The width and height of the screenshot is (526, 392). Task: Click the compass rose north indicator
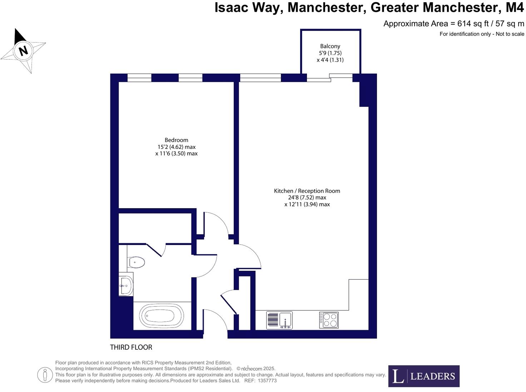[23, 50]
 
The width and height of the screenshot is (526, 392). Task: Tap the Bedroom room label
[176, 140]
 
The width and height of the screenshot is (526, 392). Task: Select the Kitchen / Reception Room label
[307, 191]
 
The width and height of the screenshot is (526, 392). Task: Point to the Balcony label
[330, 46]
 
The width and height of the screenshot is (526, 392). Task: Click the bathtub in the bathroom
[162, 316]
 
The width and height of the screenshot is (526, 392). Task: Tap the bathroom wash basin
[125, 285]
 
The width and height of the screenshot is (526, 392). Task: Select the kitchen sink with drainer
[279, 320]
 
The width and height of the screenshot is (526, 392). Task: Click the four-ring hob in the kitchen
[329, 320]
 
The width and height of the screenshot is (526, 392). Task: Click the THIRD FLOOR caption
[131, 347]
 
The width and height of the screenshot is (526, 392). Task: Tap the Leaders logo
[424, 376]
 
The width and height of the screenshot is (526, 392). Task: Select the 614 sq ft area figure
[470, 24]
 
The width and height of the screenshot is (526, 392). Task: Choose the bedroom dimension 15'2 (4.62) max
[176, 147]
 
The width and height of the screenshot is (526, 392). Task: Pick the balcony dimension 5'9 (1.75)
[330, 53]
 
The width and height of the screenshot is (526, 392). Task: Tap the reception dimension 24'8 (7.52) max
[307, 197]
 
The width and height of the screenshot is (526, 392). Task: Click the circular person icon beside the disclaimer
[45, 375]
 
